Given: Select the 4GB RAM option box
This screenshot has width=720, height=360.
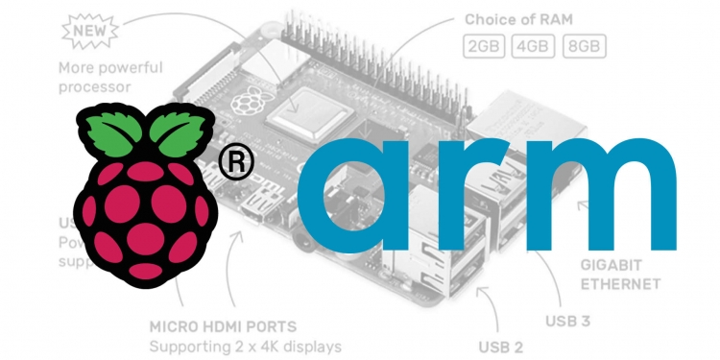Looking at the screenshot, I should (x=533, y=46).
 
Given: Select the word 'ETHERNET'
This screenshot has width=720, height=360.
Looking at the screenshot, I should (x=619, y=283).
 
